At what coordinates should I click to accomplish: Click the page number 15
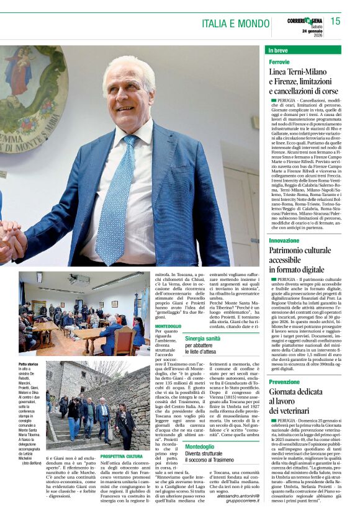point(335,21)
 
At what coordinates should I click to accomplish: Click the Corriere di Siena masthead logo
point(305,20)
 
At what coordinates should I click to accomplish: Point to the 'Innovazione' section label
point(284,241)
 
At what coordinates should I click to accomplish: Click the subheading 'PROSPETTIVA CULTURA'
point(122,456)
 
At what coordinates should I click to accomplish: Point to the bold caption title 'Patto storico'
point(29,364)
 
